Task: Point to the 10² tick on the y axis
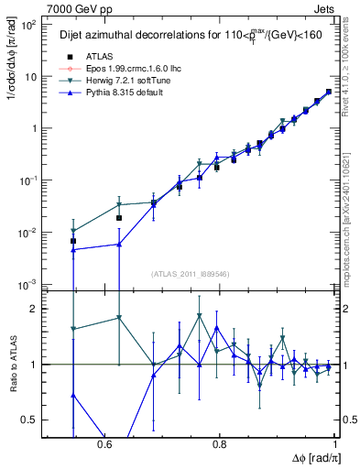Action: click(29, 25)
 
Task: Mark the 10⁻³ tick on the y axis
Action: click(29, 285)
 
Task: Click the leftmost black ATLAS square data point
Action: click(73, 241)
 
